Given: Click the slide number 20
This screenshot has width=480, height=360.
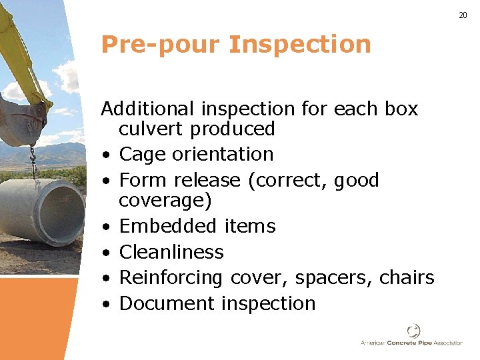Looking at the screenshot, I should coord(463,15).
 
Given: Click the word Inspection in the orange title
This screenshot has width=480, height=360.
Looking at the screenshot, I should coord(299,45).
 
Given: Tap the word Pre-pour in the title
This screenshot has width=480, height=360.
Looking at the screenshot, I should coord(159,45).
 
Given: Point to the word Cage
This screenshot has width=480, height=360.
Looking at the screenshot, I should coord(142,154).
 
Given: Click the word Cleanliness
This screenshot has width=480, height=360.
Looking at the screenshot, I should coord(171,252).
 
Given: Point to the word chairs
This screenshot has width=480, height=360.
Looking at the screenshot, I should coord(407,277).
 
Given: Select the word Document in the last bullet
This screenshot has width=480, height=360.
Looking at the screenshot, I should coord(167,303).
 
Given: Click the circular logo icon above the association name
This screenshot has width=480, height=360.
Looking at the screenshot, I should coord(414,331).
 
